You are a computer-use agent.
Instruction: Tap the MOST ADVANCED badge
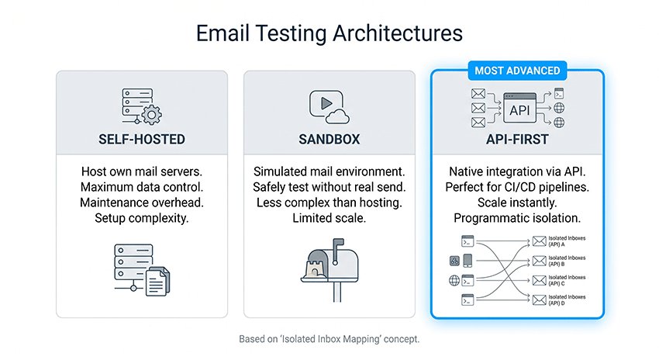point(516,71)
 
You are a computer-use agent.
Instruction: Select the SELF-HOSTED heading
point(142,140)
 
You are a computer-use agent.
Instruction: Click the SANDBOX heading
point(329,140)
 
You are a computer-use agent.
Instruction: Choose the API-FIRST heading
point(516,140)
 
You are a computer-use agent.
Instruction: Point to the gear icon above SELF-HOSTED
point(153,115)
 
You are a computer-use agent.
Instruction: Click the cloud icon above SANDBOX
point(339,115)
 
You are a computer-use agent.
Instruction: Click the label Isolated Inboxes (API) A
point(567,241)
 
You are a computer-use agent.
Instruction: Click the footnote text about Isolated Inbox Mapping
point(329,339)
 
